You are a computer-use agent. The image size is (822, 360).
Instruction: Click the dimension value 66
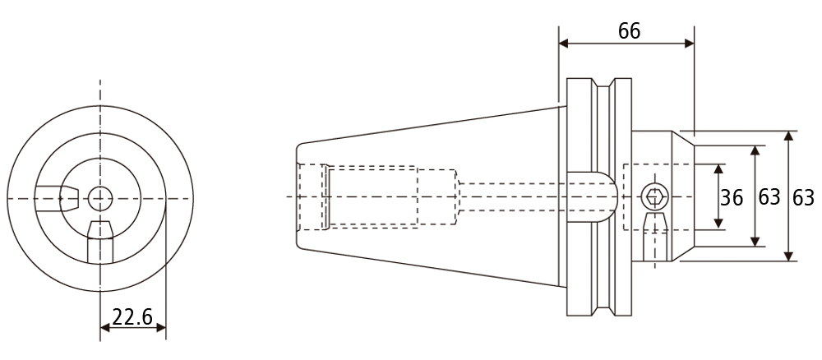629,31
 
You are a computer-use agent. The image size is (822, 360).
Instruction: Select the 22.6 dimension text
132,317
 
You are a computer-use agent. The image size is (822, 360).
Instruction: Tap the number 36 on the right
732,198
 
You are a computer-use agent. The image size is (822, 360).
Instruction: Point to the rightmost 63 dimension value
803,197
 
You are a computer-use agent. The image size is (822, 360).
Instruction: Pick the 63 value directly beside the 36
769,197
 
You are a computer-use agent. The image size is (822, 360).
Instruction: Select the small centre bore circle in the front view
100,199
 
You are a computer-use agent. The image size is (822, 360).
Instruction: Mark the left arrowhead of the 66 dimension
564,44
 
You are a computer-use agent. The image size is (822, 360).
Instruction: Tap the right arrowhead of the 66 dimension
690,44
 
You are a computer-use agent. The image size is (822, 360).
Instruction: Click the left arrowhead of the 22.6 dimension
105,328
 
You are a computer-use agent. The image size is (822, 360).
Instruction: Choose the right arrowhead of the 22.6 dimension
160,328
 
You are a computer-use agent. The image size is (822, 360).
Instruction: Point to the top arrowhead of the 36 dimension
718,168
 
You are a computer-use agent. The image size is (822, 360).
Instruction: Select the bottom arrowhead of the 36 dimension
718,224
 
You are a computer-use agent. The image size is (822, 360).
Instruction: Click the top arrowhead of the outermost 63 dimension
788,136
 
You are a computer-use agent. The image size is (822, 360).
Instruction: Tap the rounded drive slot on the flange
593,197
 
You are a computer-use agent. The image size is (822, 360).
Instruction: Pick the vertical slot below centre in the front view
100,242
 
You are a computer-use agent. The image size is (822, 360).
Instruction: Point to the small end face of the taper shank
298,196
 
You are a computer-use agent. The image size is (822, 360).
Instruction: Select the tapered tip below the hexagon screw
655,222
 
